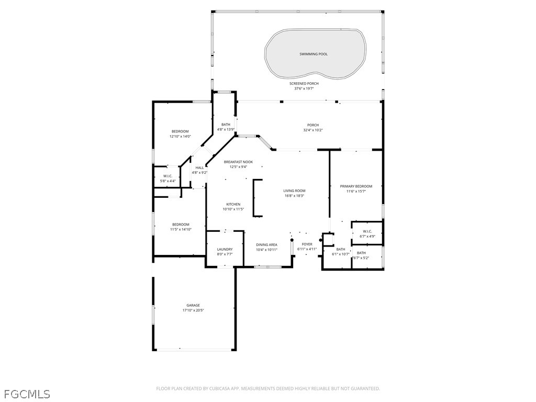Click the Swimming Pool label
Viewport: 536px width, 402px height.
click(314, 54)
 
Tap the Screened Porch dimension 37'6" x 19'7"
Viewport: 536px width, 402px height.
click(304, 88)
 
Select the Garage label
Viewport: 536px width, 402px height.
click(193, 305)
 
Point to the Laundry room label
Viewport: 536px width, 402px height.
click(225, 249)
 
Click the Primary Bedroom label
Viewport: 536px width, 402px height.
click(356, 186)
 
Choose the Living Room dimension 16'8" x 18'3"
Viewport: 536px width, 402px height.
click(294, 196)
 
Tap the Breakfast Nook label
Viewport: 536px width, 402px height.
click(238, 162)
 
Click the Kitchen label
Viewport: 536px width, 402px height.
click(233, 205)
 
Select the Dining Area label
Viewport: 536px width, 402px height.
click(266, 245)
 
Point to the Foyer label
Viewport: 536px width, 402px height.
click(307, 244)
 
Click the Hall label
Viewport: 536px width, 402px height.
click(199, 167)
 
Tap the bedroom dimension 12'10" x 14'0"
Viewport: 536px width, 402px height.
click(180, 137)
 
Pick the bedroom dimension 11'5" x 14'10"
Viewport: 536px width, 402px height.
click(181, 229)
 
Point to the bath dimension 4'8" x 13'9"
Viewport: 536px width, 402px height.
click(226, 130)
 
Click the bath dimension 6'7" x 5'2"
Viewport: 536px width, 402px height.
click(361, 258)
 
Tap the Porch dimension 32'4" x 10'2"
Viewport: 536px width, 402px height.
click(313, 130)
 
